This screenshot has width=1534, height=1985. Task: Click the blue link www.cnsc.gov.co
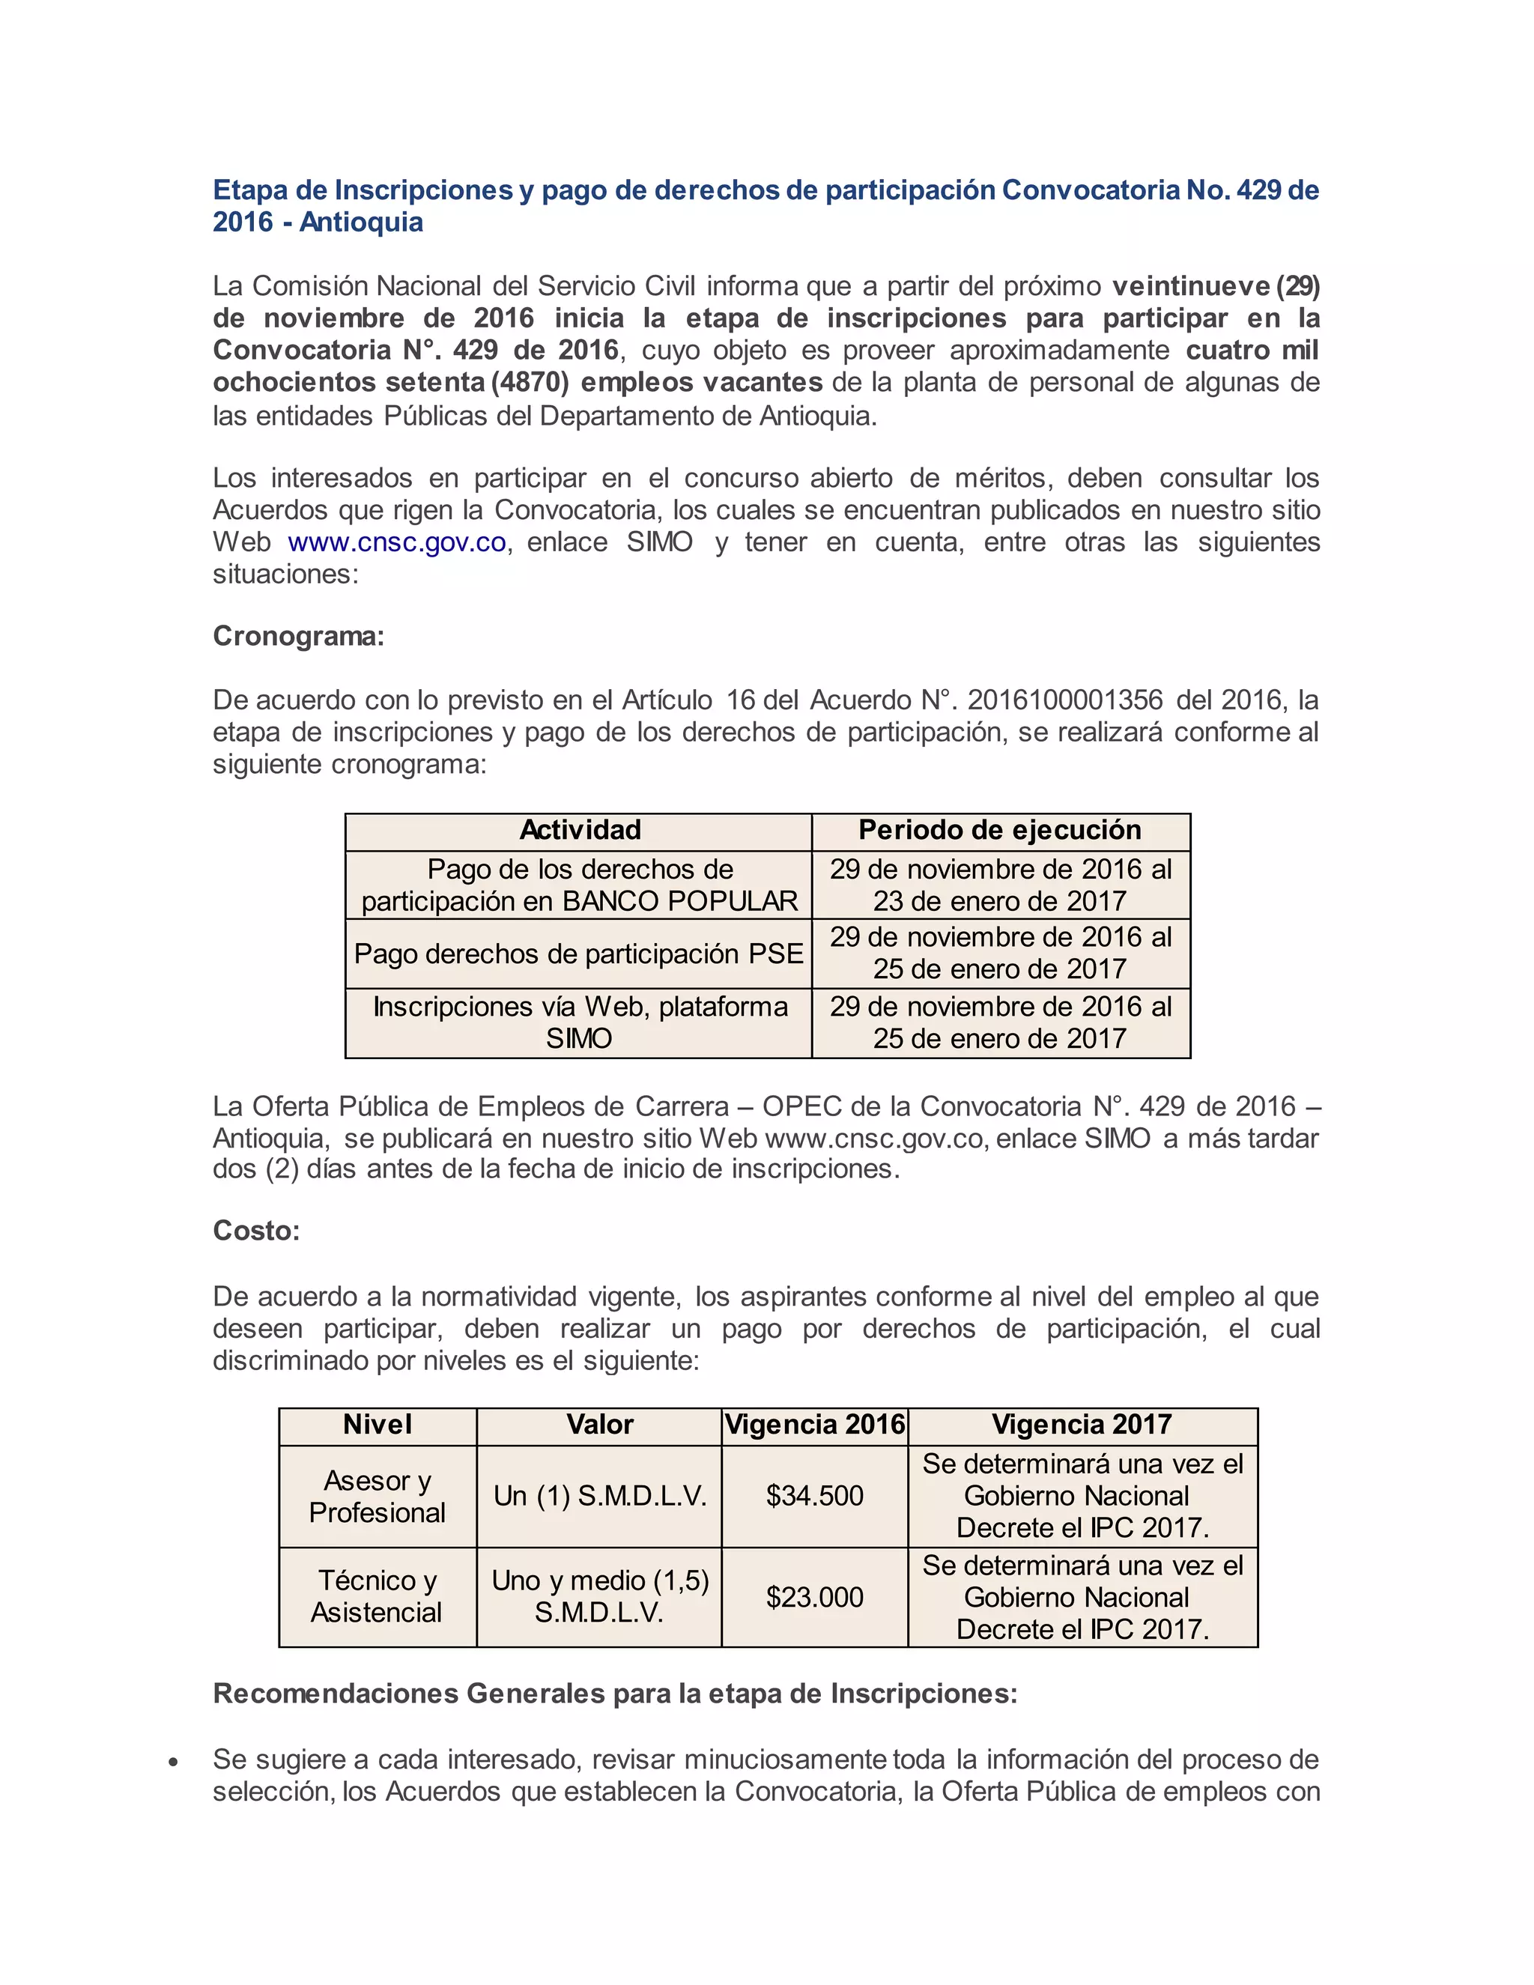coord(396,542)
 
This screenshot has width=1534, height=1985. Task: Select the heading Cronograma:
coord(298,636)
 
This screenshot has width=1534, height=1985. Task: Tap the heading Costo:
coord(255,1231)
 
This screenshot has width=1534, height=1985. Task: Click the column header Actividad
coord(580,830)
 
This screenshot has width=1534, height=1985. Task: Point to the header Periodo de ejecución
coord(1000,830)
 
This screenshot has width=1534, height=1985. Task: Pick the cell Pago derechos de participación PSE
coord(579,954)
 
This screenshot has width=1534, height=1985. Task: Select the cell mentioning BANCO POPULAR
coord(579,885)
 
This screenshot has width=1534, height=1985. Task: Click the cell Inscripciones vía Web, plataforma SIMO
coord(579,1022)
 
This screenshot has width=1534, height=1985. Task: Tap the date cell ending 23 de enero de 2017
coord(1000,885)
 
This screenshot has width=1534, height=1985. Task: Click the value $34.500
coord(814,1495)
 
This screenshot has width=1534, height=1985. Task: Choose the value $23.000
coord(814,1597)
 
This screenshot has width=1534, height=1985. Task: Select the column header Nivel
coord(378,1424)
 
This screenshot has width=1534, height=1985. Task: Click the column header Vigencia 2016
coord(814,1424)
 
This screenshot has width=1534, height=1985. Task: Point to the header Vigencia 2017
coord(1082,1424)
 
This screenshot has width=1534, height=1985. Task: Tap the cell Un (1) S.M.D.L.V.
coord(600,1495)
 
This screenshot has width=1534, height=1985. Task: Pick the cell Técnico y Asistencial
coord(378,1597)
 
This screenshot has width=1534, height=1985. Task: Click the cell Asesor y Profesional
coord(378,1495)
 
